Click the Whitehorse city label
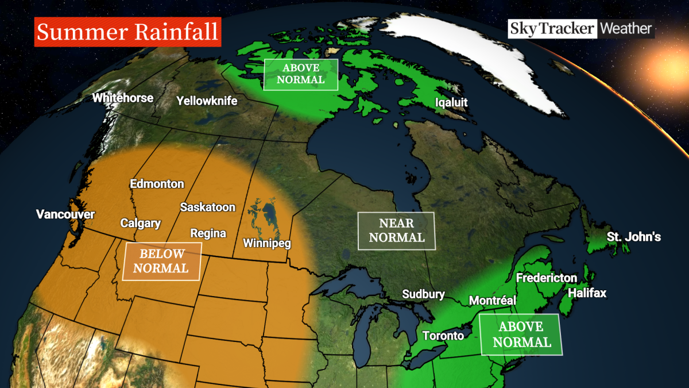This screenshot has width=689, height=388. [123, 98]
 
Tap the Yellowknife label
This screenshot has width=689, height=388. [207, 101]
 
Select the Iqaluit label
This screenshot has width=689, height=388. [451, 103]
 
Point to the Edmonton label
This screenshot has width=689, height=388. [157, 184]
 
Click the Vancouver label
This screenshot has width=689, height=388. [65, 214]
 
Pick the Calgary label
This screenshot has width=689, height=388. [140, 223]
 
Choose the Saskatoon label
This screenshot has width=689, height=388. [207, 207]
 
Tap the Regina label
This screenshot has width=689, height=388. [208, 233]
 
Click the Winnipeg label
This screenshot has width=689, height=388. [266, 243]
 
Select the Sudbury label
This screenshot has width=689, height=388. [423, 294]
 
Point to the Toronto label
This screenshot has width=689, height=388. [443, 336]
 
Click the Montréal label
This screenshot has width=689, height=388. [493, 300]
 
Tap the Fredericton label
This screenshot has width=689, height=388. [546, 278]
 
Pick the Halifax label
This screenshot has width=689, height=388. [587, 293]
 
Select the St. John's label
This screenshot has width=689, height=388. [634, 237]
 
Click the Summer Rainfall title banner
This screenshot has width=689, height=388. [128, 32]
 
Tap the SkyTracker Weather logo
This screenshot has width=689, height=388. [580, 28]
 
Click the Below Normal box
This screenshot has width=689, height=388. [162, 261]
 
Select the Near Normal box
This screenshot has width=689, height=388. [396, 231]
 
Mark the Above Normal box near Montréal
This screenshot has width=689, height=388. [521, 334]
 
